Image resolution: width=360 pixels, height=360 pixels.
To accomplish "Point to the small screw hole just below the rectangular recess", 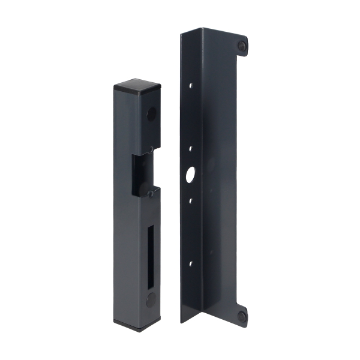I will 146,193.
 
